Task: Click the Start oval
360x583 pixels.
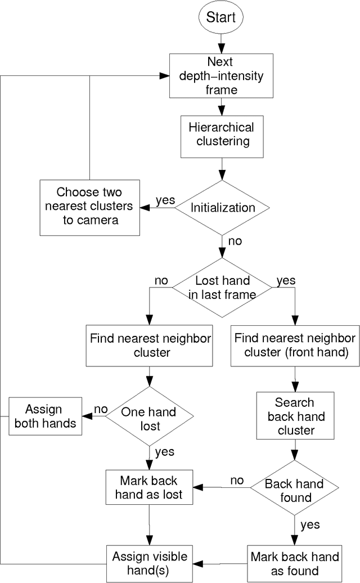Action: [x=221, y=17]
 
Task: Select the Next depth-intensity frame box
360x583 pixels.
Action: [x=221, y=74]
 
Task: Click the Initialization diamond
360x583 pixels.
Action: [x=222, y=207]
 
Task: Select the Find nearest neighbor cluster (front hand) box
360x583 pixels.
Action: [x=295, y=345]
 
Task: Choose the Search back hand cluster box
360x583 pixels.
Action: [x=295, y=416]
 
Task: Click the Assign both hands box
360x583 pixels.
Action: [x=45, y=416]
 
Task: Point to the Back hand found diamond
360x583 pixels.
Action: [x=294, y=490]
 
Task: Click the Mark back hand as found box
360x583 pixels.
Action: [x=295, y=563]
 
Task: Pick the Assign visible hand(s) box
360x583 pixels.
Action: [x=149, y=563]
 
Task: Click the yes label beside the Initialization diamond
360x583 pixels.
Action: [x=165, y=200]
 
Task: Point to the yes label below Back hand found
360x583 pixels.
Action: [x=309, y=524]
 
